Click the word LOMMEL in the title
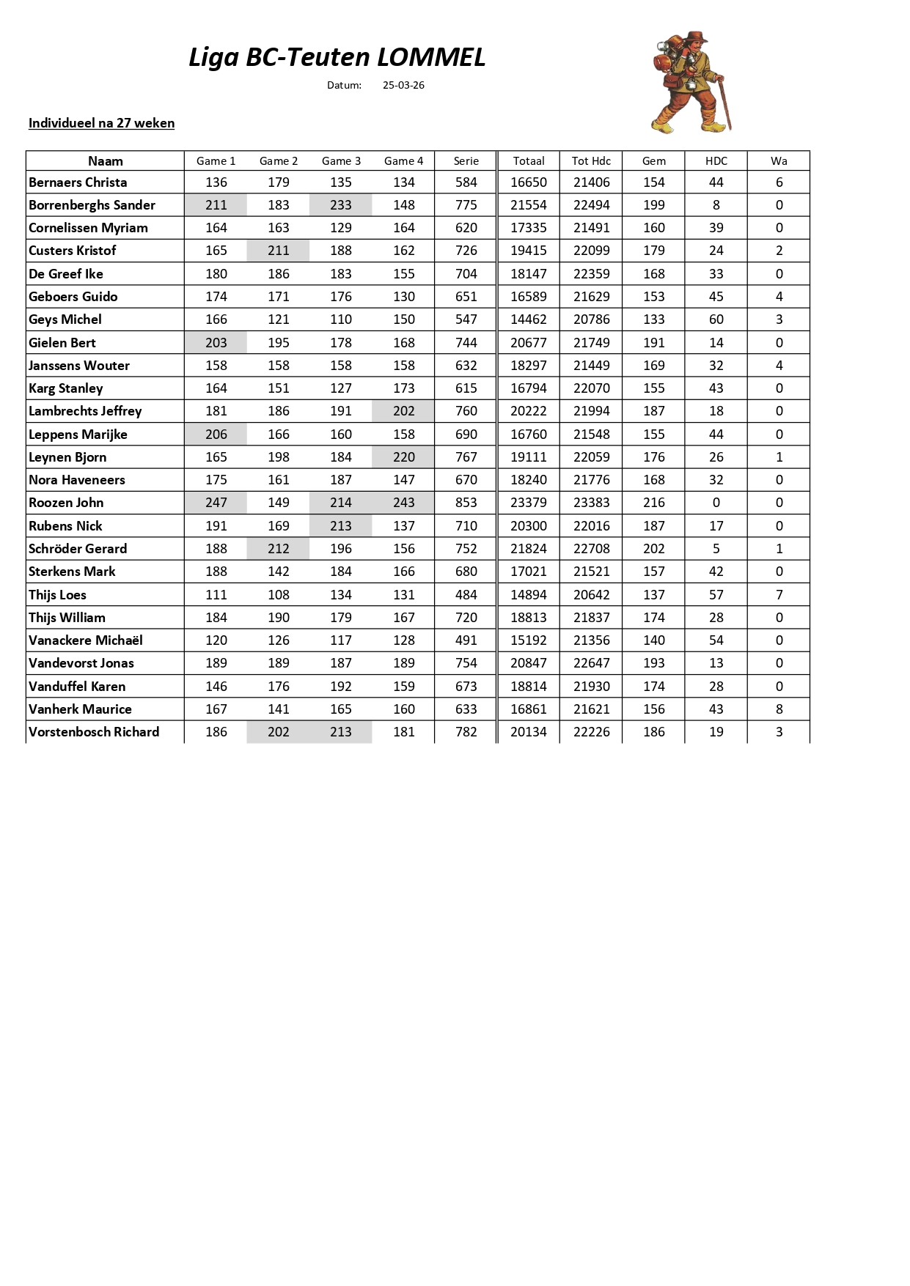(x=431, y=57)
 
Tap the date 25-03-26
(x=403, y=85)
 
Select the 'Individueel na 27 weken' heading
(x=101, y=123)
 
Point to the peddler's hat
(x=696, y=37)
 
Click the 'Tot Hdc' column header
(x=591, y=161)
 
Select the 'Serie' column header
(x=466, y=161)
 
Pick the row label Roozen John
(x=66, y=503)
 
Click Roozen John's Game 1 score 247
(x=216, y=503)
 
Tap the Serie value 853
(x=466, y=503)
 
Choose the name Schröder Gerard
(x=78, y=549)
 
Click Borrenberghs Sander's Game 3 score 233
(x=341, y=205)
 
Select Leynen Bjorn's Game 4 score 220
(x=403, y=457)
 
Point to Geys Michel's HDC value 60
(x=716, y=319)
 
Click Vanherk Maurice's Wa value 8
(x=779, y=709)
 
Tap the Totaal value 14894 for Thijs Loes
(x=529, y=595)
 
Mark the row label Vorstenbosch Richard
(x=94, y=732)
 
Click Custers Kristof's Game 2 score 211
(x=279, y=251)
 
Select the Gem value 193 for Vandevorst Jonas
(x=654, y=663)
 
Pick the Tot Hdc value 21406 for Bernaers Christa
(x=591, y=182)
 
